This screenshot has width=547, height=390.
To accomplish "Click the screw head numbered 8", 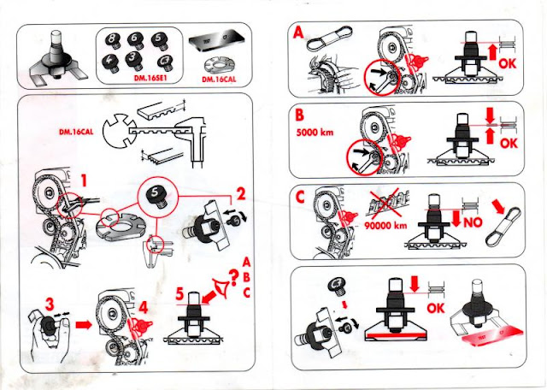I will [x=112, y=39].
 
